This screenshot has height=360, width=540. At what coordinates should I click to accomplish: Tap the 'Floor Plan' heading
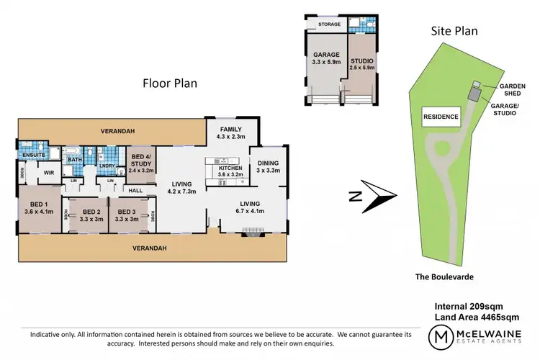(x=169, y=84)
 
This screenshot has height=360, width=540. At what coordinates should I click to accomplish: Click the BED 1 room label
(x=40, y=208)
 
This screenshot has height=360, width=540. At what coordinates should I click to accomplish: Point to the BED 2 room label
(x=86, y=214)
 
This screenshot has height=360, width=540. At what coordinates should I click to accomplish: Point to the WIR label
(x=50, y=173)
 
